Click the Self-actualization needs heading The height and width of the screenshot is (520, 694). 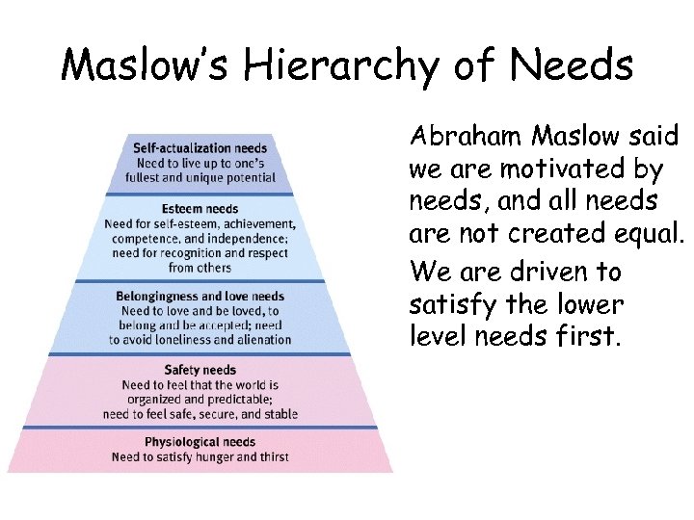click(x=200, y=148)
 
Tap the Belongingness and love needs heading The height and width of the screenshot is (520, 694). click(x=200, y=297)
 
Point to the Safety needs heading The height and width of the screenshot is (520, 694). click(x=200, y=370)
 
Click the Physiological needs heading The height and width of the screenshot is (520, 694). click(x=200, y=442)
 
